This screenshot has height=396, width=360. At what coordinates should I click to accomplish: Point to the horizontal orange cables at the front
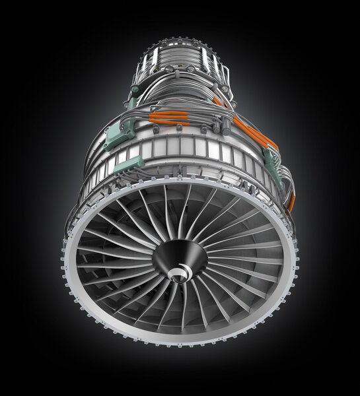coord(168,119)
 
